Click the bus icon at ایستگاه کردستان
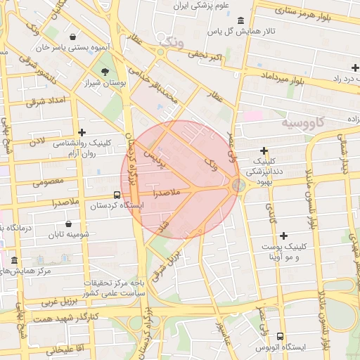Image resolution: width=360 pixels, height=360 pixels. tap(117, 195)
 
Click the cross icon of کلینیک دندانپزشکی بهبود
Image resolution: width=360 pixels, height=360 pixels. tap(264, 150)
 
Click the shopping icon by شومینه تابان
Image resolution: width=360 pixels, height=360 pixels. tap(67, 224)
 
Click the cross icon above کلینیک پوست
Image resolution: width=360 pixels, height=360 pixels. tap(283, 236)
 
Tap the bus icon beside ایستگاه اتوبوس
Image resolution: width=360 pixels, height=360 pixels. tap(281, 337)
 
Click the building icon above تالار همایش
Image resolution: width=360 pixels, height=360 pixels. tap(242, 20)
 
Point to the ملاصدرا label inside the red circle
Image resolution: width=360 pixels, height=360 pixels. tap(166, 191)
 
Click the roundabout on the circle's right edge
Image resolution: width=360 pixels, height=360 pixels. tap(238, 185)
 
